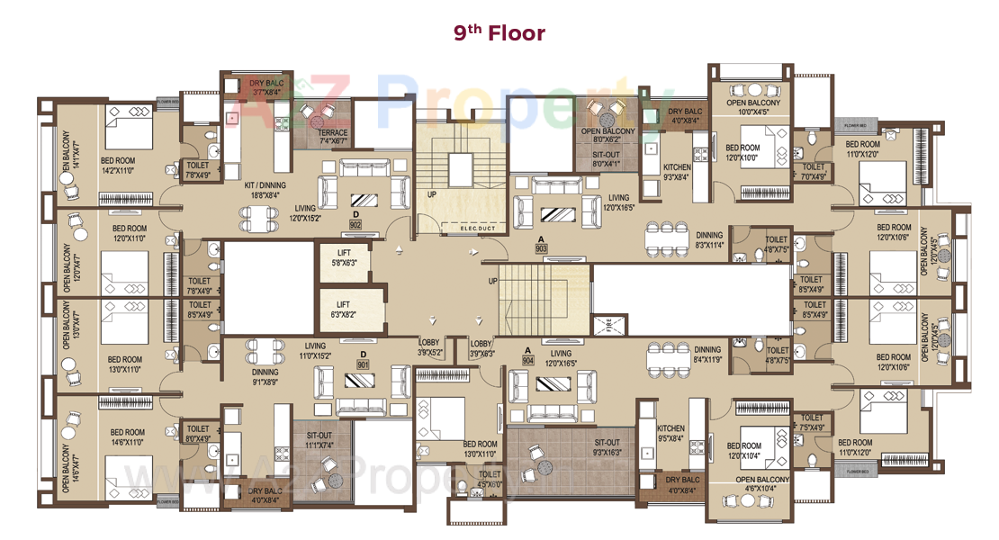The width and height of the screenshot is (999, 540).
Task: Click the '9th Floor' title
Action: click(499, 33)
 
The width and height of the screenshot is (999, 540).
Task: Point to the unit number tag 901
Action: click(363, 365)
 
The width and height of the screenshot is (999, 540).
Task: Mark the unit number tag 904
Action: click(527, 361)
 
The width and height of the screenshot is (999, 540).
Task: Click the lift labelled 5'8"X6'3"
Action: click(343, 258)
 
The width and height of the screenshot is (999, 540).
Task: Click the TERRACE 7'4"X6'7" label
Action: click(333, 137)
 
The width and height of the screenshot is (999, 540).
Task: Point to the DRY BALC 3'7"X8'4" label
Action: click(266, 87)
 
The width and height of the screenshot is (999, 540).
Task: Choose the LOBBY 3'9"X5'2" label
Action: click(430, 348)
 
